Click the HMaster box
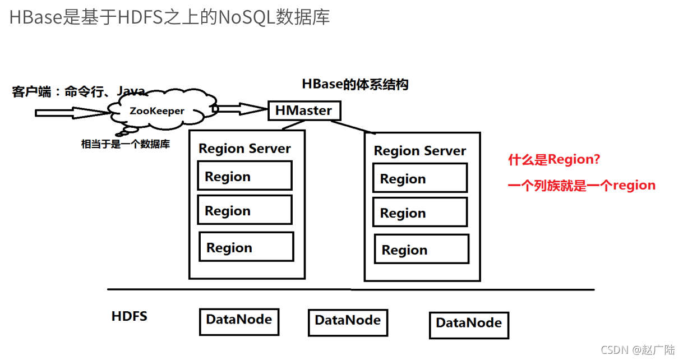click(304, 110)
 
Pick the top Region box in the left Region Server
click(244, 176)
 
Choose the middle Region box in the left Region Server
click(244, 210)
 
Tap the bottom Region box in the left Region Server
click(246, 247)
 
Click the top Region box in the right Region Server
click(420, 178)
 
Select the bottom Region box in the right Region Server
click(422, 250)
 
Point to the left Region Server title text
click(244, 149)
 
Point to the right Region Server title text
click(420, 151)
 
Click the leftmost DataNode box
click(239, 320)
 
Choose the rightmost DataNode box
click(469, 324)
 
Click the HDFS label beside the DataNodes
click(130, 316)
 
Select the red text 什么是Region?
click(554, 160)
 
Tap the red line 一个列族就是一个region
click(582, 186)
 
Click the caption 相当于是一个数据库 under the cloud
click(126, 144)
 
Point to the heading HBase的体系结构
click(355, 85)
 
